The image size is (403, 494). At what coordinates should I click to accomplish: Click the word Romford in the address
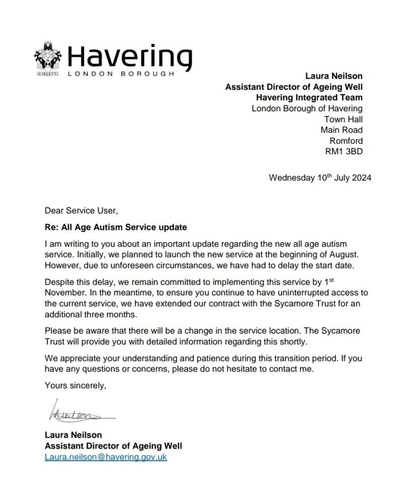[x=346, y=141]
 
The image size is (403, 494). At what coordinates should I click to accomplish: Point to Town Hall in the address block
[x=344, y=119]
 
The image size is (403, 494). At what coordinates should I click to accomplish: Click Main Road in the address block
[x=342, y=130]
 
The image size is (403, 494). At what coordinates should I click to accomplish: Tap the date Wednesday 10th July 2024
[x=320, y=178]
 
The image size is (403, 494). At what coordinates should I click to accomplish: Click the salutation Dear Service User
[x=81, y=210]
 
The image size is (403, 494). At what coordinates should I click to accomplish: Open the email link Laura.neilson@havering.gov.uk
[x=106, y=457]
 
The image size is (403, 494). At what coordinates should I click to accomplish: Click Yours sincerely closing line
[x=76, y=386]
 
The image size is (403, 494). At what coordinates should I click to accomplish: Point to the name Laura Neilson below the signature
[x=74, y=435]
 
